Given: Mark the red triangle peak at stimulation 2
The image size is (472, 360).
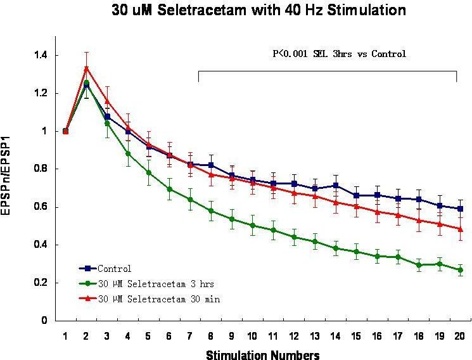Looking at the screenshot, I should pos(86,68).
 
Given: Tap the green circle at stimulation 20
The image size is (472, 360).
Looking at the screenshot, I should pos(460,270).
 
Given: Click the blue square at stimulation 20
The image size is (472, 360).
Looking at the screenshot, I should pos(460,209).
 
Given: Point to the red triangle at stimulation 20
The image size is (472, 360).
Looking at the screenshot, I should pos(460,229).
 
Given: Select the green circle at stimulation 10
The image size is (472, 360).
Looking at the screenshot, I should pos(252,225).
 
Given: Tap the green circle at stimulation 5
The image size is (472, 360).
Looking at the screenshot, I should pos(148,172).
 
